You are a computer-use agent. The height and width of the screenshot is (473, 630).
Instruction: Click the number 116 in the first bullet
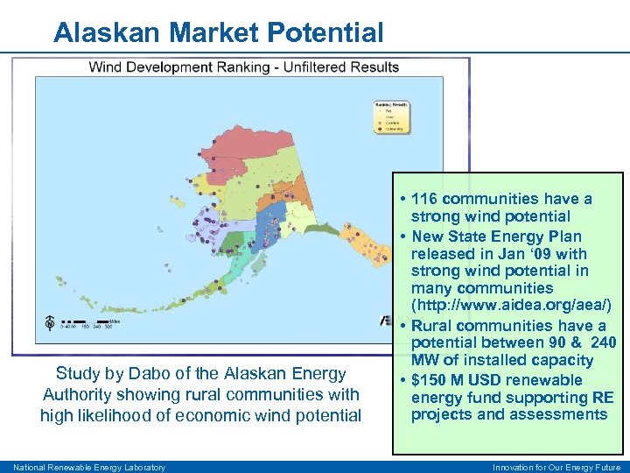tap(425, 199)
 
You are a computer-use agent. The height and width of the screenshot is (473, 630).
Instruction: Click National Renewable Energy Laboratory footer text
tap(89, 467)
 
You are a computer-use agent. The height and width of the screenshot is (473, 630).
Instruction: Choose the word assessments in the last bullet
tap(560, 414)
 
